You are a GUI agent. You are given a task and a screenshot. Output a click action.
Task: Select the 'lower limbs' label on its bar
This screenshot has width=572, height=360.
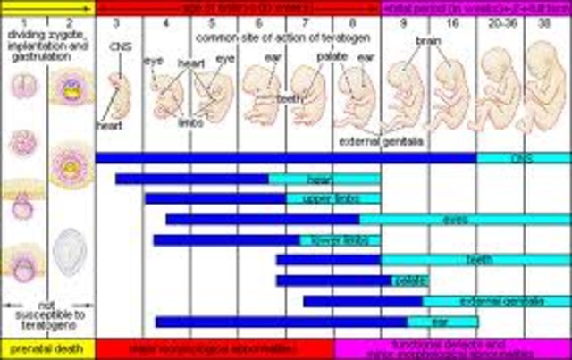[x=322, y=240]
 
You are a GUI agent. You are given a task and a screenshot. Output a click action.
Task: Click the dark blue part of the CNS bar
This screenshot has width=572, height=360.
[x=286, y=158]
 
